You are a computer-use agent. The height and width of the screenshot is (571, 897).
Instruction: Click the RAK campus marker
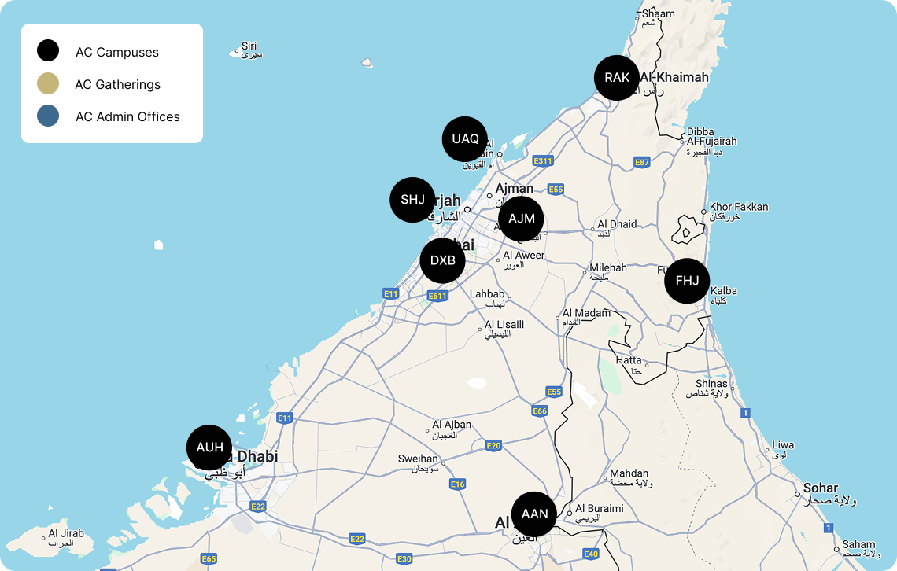[x=617, y=78]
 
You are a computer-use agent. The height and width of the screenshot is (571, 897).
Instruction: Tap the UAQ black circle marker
[x=465, y=139]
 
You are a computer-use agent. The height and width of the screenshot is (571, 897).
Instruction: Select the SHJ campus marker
[x=412, y=200]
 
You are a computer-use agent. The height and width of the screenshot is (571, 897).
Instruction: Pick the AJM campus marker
[x=521, y=219]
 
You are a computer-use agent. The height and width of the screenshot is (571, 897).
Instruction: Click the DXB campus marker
[x=443, y=260]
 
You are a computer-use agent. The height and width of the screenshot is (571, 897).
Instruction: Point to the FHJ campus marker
[x=687, y=281]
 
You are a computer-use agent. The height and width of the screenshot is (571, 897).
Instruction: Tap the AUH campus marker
[x=209, y=448]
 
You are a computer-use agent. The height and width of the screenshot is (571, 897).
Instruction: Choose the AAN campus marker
[x=534, y=514]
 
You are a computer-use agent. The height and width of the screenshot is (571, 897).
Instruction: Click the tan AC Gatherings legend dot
[x=48, y=84]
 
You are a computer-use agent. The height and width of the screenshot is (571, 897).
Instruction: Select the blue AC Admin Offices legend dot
[x=48, y=116]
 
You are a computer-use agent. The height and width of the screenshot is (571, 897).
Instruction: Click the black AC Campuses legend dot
[x=48, y=52]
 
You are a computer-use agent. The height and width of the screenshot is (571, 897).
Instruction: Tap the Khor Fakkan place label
[x=738, y=207]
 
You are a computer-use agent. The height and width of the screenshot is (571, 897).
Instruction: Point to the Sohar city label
[x=820, y=488]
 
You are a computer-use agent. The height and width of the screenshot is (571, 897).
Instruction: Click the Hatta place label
[x=628, y=360]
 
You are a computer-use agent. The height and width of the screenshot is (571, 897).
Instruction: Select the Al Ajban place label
[x=452, y=425]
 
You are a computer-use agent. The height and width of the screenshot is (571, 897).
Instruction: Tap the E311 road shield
[x=543, y=161]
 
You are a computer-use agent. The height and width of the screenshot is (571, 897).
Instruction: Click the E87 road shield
[x=642, y=163]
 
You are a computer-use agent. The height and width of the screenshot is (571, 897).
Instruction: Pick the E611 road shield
[x=437, y=296]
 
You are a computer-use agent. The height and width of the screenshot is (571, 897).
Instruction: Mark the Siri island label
[x=249, y=46]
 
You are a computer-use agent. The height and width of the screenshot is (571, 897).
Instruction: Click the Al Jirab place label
[x=65, y=534]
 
